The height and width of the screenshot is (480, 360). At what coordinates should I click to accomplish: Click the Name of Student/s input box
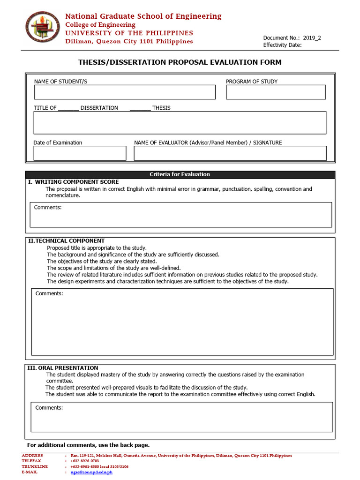tap(124, 92)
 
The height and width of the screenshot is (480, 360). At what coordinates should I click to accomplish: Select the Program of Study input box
tap(276, 92)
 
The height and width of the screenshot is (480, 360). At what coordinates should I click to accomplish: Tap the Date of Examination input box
tap(80, 153)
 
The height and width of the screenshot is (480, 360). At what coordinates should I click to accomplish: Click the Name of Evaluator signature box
tap(230, 153)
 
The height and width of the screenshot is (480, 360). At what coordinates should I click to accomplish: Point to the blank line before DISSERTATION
tap(68, 109)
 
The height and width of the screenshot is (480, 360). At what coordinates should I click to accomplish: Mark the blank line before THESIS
tap(140, 109)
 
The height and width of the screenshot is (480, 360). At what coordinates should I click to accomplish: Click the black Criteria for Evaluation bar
tap(180, 174)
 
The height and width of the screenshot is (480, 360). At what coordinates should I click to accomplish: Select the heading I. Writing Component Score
tap(74, 182)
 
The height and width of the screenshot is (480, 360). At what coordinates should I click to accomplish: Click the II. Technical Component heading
tap(66, 241)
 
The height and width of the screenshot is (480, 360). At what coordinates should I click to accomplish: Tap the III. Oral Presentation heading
tap(63, 368)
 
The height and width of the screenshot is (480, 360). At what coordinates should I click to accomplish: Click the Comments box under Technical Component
tap(182, 322)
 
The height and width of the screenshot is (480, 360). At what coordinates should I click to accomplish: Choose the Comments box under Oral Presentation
tap(182, 417)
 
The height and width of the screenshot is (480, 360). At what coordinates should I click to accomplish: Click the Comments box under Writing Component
tap(181, 215)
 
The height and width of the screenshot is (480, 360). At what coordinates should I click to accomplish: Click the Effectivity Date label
tap(282, 45)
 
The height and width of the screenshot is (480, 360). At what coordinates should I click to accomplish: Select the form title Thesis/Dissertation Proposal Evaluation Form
tap(180, 62)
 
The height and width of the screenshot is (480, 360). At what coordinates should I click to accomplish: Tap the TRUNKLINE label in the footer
tap(35, 466)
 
